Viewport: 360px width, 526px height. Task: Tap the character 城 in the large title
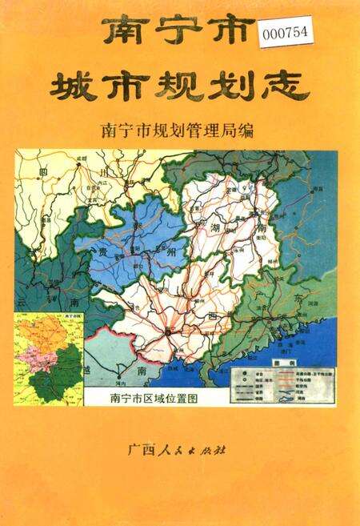76,86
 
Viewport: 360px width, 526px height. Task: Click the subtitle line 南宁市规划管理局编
179,130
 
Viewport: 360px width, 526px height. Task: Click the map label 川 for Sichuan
104,171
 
